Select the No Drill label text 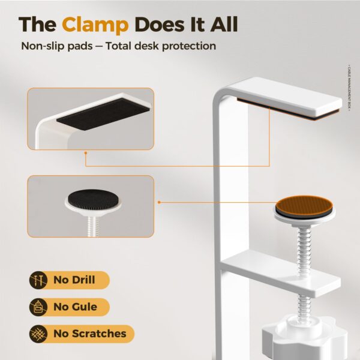point(74,280)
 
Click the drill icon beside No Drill point(39,280)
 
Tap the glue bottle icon point(39,307)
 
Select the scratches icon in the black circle point(39,334)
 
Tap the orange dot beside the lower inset point(159,202)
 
